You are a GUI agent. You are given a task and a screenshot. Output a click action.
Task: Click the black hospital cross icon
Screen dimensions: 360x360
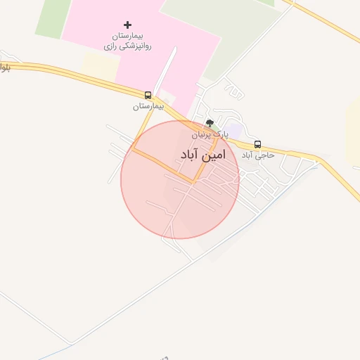pyautogui.click(x=127, y=25)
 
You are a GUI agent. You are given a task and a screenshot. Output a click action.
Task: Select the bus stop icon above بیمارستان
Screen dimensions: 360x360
pyautogui.click(x=148, y=95)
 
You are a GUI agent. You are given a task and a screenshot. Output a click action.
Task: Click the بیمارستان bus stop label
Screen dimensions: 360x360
pyautogui.click(x=148, y=106)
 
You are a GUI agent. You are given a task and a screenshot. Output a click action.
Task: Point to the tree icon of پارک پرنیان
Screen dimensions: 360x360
pyautogui.click(x=210, y=123)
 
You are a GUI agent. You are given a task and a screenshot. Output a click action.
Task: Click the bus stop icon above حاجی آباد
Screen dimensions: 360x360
pyautogui.click(x=257, y=144)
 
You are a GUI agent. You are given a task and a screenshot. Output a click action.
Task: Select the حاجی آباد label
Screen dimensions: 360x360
pyautogui.click(x=257, y=155)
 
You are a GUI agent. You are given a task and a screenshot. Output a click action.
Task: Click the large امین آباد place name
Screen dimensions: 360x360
pyautogui.click(x=202, y=155)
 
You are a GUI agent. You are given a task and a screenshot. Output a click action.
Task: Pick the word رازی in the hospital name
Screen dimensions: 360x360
pyautogui.click(x=110, y=45)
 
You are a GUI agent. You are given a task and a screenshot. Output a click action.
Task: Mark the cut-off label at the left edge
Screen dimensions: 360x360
pyautogui.click(x=4, y=68)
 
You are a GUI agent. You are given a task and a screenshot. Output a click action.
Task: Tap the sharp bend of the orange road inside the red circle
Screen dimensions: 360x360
pyautogui.click(x=194, y=181)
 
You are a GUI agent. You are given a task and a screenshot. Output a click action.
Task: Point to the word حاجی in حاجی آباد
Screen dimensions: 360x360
pyautogui.click(x=266, y=155)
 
